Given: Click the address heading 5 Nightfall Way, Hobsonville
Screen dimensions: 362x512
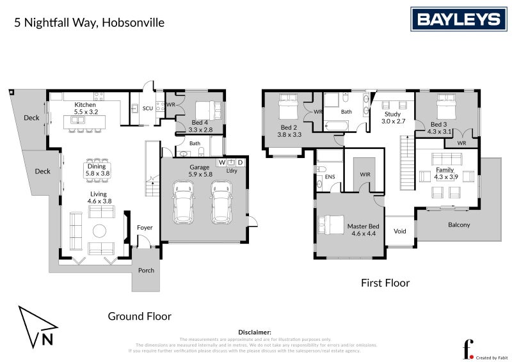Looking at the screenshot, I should pyautogui.click(x=90, y=22).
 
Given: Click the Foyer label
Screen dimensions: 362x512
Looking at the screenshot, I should pyautogui.click(x=145, y=227).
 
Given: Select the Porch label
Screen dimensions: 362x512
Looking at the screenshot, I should pyautogui.click(x=146, y=270).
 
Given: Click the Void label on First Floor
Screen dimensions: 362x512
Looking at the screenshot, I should pyautogui.click(x=400, y=231).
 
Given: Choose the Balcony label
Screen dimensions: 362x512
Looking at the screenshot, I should pyautogui.click(x=458, y=224).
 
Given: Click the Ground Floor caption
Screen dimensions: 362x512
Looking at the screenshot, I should pyautogui.click(x=139, y=315).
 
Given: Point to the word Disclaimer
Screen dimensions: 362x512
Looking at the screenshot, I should pyautogui.click(x=255, y=333).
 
